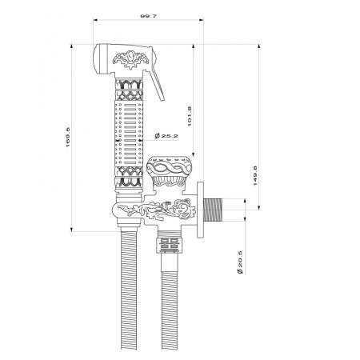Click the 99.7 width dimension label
tap(148, 16)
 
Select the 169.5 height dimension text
tap(68, 137)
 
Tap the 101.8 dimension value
tap(190, 116)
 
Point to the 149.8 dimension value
tap(255, 176)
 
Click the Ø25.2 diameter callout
tap(166, 136)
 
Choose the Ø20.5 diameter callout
tap(239, 262)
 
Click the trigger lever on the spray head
tap(156, 86)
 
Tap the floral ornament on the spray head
tap(130, 60)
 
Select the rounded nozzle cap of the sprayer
tap(101, 58)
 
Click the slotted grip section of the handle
tap(129, 134)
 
